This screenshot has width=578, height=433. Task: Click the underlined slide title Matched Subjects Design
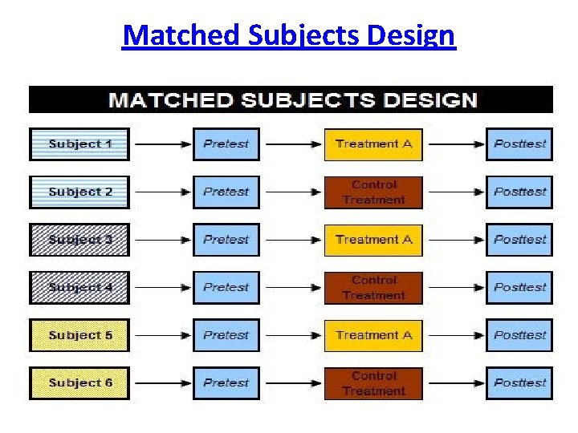pos(289,36)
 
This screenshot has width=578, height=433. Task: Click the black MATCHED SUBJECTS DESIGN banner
pos(291,100)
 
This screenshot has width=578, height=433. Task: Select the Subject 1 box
pos(79,144)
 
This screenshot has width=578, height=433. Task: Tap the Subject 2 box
pos(79,192)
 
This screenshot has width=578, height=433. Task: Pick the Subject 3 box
pos(79,240)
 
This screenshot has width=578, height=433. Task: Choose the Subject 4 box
pos(79,287)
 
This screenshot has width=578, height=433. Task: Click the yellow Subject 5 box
pos(79,335)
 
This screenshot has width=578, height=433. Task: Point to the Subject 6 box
pos(79,382)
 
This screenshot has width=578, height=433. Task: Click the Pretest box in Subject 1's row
pos(226,144)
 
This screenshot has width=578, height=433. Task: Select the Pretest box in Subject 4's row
pos(226,287)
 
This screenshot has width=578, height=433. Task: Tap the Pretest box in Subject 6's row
pos(226,382)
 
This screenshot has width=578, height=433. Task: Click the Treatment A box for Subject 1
pos(373,144)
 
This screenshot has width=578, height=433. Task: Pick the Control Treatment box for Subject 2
pos(373,192)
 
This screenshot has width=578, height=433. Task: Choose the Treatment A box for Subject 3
pos(373,240)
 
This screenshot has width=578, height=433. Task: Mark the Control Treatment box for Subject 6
pos(373,382)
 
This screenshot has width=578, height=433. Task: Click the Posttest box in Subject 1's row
pos(519,144)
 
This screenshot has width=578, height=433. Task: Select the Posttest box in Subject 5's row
pos(519,335)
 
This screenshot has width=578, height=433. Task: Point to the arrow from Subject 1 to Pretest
pos(161,145)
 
